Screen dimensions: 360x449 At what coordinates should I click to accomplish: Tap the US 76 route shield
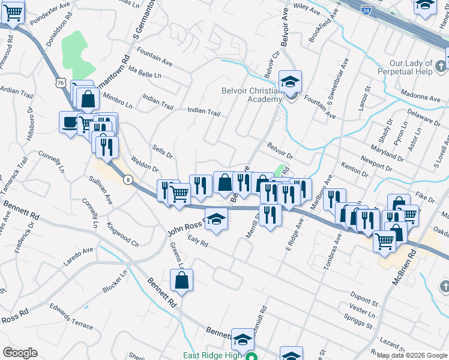(x=60, y=83)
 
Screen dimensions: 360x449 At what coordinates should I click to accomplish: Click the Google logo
(x=20, y=352)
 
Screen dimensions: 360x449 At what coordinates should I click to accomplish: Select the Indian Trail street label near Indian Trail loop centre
(x=203, y=111)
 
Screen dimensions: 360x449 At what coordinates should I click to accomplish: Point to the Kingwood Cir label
(x=122, y=235)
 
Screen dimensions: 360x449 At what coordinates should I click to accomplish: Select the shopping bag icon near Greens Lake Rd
(x=181, y=280)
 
